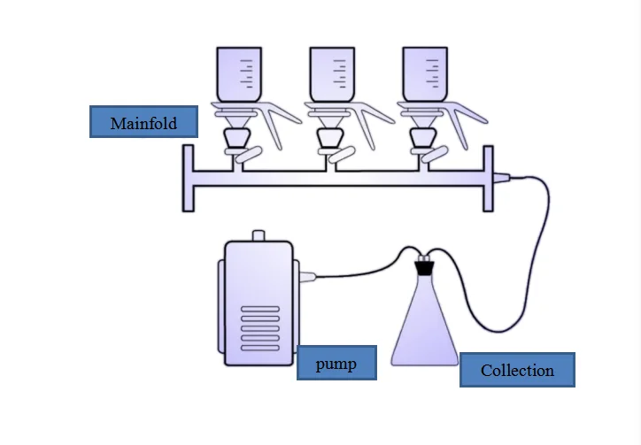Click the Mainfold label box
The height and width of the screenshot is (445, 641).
tap(143, 122)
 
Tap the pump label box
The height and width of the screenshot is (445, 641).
tap(336, 363)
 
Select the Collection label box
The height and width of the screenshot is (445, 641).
tap(517, 370)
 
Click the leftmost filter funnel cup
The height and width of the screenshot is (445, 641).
tap(239, 74)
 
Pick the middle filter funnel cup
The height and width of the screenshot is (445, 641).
tap(332, 74)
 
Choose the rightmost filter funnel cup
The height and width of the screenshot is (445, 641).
tap(425, 74)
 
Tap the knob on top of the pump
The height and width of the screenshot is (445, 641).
tap(259, 236)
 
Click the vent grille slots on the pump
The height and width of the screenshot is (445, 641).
tap(260, 328)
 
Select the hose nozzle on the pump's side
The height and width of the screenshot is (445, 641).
tap(307, 277)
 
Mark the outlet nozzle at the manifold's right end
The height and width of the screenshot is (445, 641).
tap(502, 177)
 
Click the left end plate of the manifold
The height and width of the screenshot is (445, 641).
tap(188, 179)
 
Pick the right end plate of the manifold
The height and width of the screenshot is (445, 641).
tap(488, 179)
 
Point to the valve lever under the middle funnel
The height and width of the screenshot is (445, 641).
tap(342, 155)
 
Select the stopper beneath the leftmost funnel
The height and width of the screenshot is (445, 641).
tap(237, 138)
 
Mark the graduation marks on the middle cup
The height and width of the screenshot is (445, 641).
tap(340, 74)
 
